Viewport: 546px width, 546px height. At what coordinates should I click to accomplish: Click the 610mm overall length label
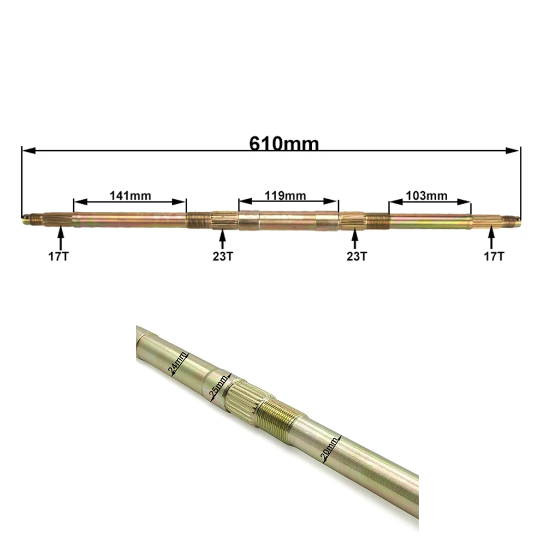pos(284,143)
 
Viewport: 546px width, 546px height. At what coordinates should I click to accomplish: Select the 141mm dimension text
pos(130,195)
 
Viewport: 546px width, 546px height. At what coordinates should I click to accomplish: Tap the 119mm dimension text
pos(285,195)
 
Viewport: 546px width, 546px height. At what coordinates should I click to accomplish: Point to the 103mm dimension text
pos(426,195)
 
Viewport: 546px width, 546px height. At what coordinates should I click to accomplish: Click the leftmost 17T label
pos(58,257)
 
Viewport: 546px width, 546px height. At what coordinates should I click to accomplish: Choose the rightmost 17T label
pos(494,257)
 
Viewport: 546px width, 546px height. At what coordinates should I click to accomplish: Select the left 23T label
pos(223,257)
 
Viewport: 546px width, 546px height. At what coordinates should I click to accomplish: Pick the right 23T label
pos(357,257)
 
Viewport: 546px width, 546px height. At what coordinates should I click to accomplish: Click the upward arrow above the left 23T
pos(223,238)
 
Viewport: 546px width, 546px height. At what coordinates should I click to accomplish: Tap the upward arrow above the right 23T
pos(354,238)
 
